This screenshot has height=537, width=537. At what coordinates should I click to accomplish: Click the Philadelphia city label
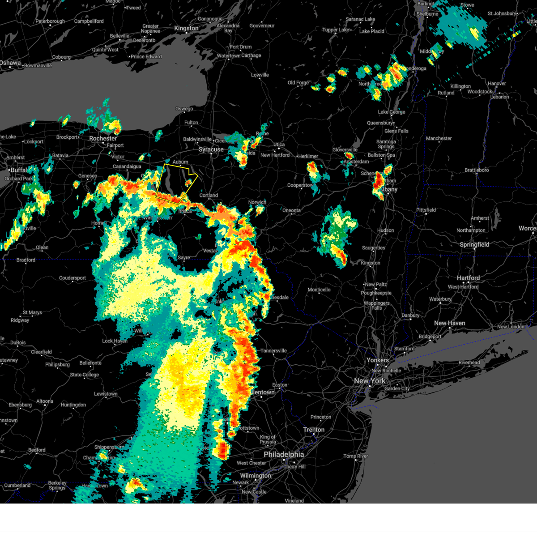283,454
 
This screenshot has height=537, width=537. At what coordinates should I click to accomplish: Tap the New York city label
369,381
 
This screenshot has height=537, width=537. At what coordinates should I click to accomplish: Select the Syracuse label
211,149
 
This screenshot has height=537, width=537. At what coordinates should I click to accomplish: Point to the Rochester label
103,139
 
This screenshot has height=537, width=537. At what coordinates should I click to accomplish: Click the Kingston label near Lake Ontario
186,28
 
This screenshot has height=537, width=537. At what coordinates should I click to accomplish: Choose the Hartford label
468,278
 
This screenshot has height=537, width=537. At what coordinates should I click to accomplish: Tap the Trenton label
314,430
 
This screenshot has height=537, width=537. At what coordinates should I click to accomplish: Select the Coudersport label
72,278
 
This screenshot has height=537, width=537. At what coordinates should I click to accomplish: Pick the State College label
84,375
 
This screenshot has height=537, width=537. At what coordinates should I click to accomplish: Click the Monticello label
319,290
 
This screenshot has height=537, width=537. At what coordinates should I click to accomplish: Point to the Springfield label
474,245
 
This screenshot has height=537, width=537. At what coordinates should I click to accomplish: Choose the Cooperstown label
300,185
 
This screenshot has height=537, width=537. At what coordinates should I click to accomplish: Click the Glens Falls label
396,131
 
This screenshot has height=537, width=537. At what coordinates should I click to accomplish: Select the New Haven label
449,323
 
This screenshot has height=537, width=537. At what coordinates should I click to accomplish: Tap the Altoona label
44,401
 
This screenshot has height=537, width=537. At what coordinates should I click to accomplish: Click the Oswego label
184,109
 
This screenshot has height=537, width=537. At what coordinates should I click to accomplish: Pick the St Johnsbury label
502,13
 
